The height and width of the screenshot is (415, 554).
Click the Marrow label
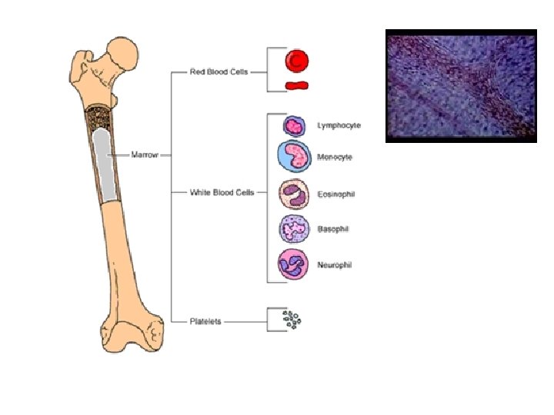(145, 154)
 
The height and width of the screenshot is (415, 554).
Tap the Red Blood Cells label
(218, 72)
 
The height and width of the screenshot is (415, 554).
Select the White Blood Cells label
(222, 191)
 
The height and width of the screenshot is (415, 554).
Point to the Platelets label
(205, 321)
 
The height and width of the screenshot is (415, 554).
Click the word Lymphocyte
(339, 124)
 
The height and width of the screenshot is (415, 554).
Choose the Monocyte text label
(335, 157)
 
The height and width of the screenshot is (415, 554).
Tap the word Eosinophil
(335, 194)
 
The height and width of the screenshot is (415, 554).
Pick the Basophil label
(333, 229)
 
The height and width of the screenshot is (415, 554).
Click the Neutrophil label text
(335, 264)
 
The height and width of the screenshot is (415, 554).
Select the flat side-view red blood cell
(296, 85)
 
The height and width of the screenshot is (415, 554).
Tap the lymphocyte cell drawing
(294, 125)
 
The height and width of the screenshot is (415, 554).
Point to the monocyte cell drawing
(294, 156)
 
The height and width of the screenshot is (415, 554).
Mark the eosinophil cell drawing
(293, 194)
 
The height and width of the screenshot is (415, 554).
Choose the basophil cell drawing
(293, 229)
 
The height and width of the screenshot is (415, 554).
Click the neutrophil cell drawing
(293, 264)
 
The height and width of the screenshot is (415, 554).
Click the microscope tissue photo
(460, 86)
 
